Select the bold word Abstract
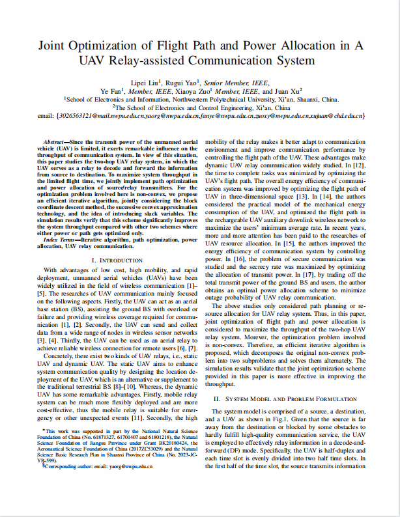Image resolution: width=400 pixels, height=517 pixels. (x=55, y=141)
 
